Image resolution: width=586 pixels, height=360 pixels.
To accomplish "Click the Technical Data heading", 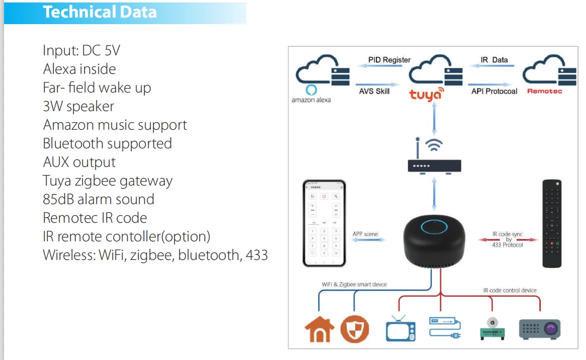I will [x=100, y=12].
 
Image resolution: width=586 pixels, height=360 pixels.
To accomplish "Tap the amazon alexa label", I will [x=311, y=100].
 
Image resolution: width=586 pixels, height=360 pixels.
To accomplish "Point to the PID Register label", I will [x=389, y=60].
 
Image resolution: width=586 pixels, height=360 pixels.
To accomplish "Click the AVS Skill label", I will [x=374, y=91].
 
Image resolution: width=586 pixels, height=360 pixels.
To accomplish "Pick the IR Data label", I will [x=494, y=60].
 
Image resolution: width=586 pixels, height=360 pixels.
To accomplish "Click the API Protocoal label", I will [x=494, y=91].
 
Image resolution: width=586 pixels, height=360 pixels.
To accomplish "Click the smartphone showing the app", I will [x=324, y=223].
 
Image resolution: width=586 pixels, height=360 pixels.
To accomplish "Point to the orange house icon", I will [x=320, y=329].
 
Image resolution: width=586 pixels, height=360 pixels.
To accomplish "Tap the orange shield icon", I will [x=354, y=329].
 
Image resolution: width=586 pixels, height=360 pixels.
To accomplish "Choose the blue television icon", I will [x=401, y=329].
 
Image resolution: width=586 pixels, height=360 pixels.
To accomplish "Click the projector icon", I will [x=540, y=329].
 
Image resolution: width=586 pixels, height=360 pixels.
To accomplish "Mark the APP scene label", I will [x=365, y=234].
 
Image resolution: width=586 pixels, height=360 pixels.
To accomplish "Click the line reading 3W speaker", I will [x=78, y=107].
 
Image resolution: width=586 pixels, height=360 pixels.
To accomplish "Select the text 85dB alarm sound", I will [x=99, y=199].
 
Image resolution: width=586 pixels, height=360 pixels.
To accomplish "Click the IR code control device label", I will [x=510, y=290].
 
